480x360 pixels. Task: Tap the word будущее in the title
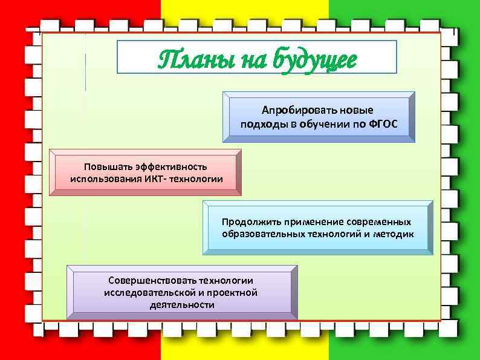pyautogui.click(x=314, y=61)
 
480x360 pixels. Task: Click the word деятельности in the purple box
pyautogui.click(x=181, y=305)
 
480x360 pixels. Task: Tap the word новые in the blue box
pyautogui.click(x=357, y=111)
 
